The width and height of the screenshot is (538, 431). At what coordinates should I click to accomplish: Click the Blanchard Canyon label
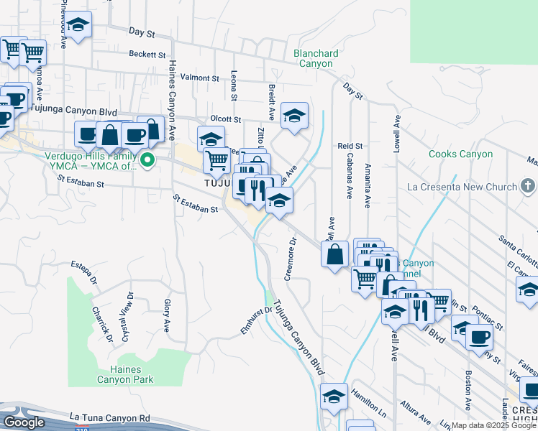coord(313,58)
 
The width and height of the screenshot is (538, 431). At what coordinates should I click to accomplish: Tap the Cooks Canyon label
coord(460,154)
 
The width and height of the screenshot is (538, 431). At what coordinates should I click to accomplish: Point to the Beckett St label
coord(147,55)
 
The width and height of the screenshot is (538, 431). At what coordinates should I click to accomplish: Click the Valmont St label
coord(199,78)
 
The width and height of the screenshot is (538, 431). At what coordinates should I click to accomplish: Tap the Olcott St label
coord(225,119)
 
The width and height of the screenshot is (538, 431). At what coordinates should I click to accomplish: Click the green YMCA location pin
coord(147,159)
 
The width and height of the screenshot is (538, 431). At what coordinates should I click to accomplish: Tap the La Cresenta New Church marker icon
coord(529,187)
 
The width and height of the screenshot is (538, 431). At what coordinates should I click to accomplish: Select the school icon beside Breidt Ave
coord(293,116)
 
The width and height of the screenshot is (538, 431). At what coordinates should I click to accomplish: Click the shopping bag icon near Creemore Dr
coord(335,254)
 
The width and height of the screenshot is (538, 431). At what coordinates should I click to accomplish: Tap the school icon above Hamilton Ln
coord(334,396)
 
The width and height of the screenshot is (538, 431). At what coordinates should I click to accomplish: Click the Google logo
coord(24,422)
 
